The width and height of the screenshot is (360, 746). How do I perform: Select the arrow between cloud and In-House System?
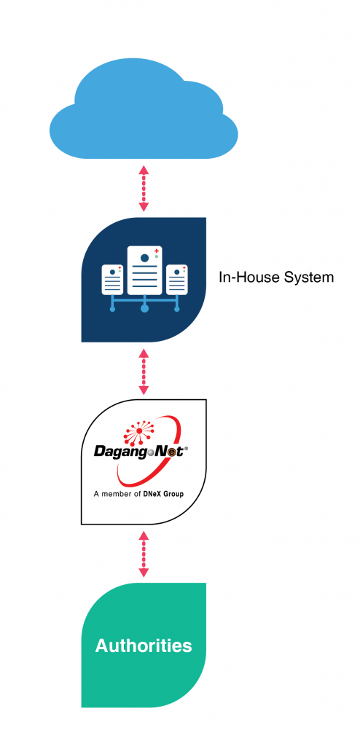click(x=144, y=189)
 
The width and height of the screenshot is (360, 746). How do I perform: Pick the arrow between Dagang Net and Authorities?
click(x=144, y=554)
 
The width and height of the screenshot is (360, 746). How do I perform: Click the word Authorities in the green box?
click(x=144, y=645)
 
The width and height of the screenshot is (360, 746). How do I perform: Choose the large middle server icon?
click(x=144, y=270)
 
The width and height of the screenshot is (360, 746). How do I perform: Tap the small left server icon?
click(x=112, y=280)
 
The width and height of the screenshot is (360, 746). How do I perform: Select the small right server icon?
click(x=176, y=280)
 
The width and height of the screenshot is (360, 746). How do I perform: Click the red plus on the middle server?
click(x=156, y=251)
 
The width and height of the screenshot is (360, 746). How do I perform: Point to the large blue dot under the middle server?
click(x=144, y=309)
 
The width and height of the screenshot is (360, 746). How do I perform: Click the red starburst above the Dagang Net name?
click(x=138, y=430)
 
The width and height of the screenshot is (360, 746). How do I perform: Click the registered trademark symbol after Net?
click(x=186, y=448)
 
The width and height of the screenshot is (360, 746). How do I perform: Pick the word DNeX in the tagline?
click(x=152, y=495)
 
